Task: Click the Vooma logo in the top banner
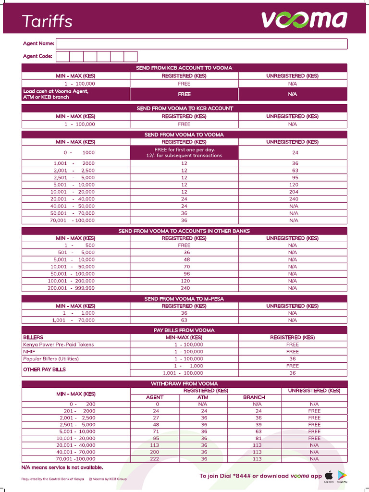304,20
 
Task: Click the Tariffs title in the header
47,21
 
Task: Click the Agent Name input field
201,44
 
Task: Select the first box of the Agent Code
62,57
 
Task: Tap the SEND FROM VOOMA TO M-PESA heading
184,299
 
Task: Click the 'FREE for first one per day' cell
184,153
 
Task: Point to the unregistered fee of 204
293,192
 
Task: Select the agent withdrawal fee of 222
154,459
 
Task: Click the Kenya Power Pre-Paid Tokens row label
59,344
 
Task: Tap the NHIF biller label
29,352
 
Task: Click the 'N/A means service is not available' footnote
62,467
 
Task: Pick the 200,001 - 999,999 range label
71,288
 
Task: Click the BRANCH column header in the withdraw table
254,397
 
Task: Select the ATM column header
203,397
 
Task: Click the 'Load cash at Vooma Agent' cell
56,94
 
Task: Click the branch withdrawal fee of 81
258,438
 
